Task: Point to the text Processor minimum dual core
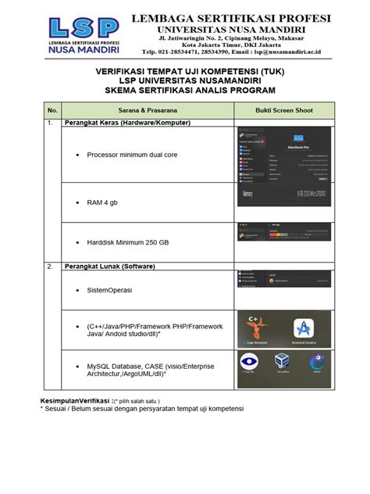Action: [132, 155]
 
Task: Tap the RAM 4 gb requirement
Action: [108, 202]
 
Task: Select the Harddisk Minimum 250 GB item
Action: [128, 242]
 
